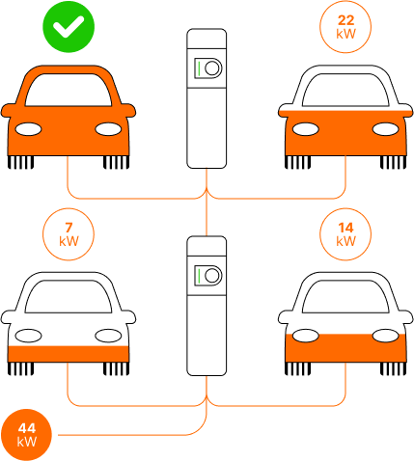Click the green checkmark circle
69,27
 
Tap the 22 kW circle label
345,27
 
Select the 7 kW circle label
69,234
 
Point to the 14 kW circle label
345,234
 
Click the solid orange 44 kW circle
26,435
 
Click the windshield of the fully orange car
69,91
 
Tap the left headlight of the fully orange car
28,129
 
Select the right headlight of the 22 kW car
386,129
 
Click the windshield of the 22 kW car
345,91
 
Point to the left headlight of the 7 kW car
28,336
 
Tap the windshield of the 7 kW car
69,297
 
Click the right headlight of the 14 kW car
386,336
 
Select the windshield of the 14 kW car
345,297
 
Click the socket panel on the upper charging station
207,68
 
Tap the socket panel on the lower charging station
207,276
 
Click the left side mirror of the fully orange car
9,111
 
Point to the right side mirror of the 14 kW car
405,317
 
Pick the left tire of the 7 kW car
20,368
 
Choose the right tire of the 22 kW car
393,162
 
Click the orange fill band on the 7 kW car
69,354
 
